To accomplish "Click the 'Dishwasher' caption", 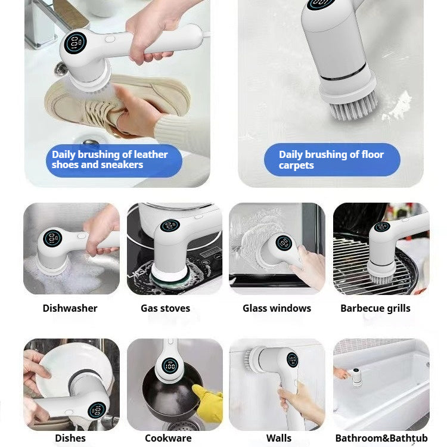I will [x=70, y=308].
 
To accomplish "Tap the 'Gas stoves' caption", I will [x=165, y=308].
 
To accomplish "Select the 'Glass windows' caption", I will [x=277, y=308].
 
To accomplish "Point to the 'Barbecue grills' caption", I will [x=375, y=308].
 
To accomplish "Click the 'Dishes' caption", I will [x=70, y=438].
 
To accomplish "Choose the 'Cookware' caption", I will [x=168, y=438].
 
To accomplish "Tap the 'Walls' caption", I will [x=278, y=438].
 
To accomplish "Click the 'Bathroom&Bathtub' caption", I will [x=381, y=438].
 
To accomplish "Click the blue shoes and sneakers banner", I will [x=113, y=160].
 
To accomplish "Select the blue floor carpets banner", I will [x=331, y=160].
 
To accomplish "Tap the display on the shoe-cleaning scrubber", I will [x=76, y=44].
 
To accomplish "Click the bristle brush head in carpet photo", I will [x=349, y=104].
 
